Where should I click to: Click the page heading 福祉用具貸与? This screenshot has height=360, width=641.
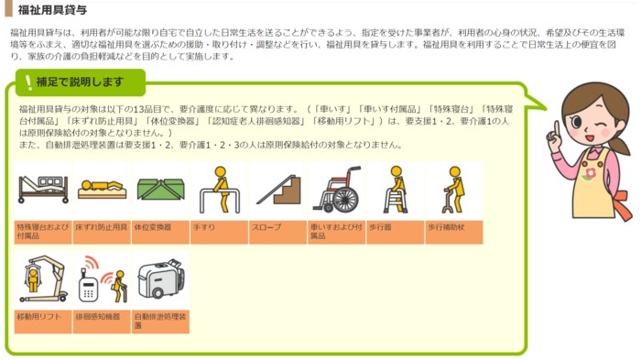pyautogui.click(x=52, y=9)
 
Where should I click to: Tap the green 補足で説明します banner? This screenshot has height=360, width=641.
pyautogui.click(x=81, y=82)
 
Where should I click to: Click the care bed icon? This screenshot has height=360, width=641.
pyautogui.click(x=43, y=189)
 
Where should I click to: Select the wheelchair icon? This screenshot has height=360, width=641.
pyautogui.click(x=337, y=190)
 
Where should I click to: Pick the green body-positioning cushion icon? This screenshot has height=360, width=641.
pyautogui.click(x=160, y=189)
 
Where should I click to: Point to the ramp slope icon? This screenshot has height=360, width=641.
pyautogui.click(x=278, y=190)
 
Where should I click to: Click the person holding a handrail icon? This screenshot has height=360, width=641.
pyautogui.click(x=220, y=190)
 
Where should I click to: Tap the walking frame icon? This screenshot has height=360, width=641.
pyautogui.click(x=396, y=190)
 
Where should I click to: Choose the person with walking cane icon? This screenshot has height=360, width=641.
pyautogui.click(x=454, y=190)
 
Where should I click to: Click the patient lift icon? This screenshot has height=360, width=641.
pyautogui.click(x=43, y=279)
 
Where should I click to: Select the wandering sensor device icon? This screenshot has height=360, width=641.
pyautogui.click(x=103, y=279)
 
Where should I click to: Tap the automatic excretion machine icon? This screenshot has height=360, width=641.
pyautogui.click(x=161, y=278)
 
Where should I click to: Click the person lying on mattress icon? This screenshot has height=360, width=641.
pyautogui.click(x=102, y=190)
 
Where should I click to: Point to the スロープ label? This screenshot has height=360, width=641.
pyautogui.click(x=266, y=227)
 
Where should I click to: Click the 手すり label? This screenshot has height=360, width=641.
pyautogui.click(x=203, y=227)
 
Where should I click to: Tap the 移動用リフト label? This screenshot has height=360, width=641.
pyautogui.click(x=39, y=317)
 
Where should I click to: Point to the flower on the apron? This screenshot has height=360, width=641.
pyautogui.click(x=589, y=173)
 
